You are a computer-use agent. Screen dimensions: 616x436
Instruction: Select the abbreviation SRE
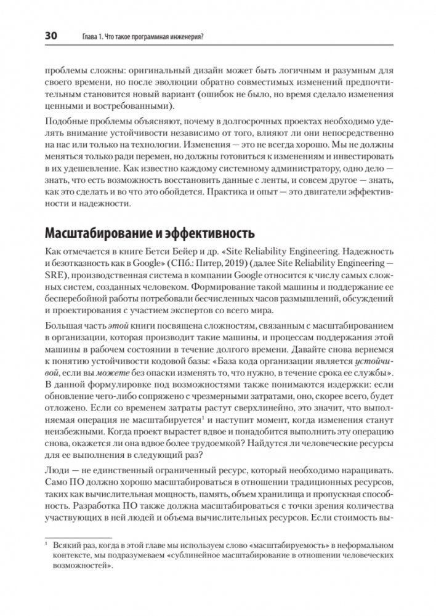pyautogui.click(x=56, y=279)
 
